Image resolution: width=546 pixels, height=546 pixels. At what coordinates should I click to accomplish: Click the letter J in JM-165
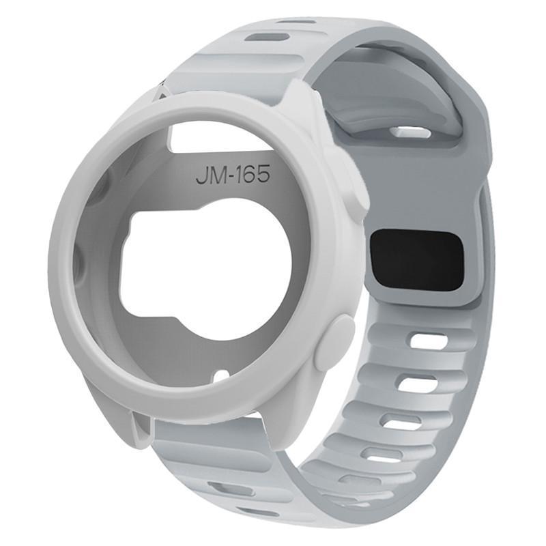(x=202, y=175)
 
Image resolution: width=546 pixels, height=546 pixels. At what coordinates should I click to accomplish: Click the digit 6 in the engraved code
(x=250, y=175)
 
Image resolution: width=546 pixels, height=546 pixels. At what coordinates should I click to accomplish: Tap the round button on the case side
(x=334, y=339)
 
